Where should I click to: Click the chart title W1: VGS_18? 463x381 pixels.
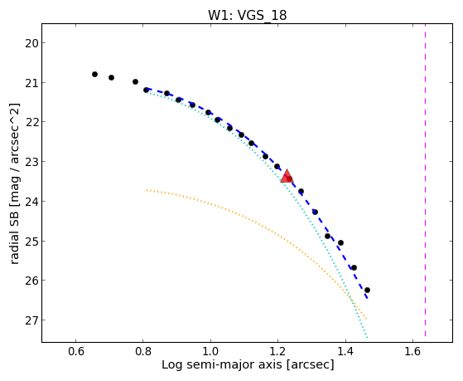point(247,15)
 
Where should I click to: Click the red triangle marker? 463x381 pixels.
point(287,177)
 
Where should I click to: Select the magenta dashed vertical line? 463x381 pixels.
point(425,180)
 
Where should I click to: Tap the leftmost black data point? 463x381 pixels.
point(94,75)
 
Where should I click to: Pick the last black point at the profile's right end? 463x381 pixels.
point(367,291)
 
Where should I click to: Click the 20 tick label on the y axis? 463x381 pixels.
point(31,43)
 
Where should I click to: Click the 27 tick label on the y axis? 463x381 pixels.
point(31,320)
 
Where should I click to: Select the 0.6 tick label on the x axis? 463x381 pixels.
point(76,351)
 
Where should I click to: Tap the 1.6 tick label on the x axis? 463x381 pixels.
point(412,351)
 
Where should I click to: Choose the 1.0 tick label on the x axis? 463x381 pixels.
point(210,351)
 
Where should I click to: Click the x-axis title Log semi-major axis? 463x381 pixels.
point(222,365)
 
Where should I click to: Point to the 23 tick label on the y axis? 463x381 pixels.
point(31,162)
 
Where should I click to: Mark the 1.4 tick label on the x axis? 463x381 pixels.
point(345,351)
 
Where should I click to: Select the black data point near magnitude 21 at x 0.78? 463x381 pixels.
point(135,81)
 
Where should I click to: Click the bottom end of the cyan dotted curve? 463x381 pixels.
point(367,338)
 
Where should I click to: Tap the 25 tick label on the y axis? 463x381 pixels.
point(31,242)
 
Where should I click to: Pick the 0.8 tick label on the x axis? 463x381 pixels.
point(143,351)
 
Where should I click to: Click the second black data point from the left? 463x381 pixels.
point(111,77)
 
